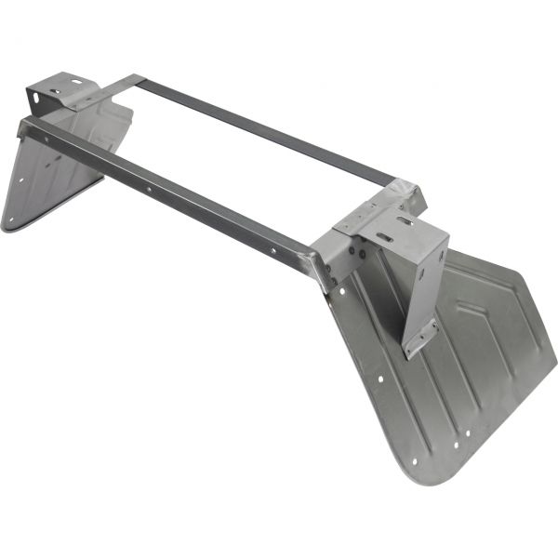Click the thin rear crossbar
pyautogui.click(x=260, y=130)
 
